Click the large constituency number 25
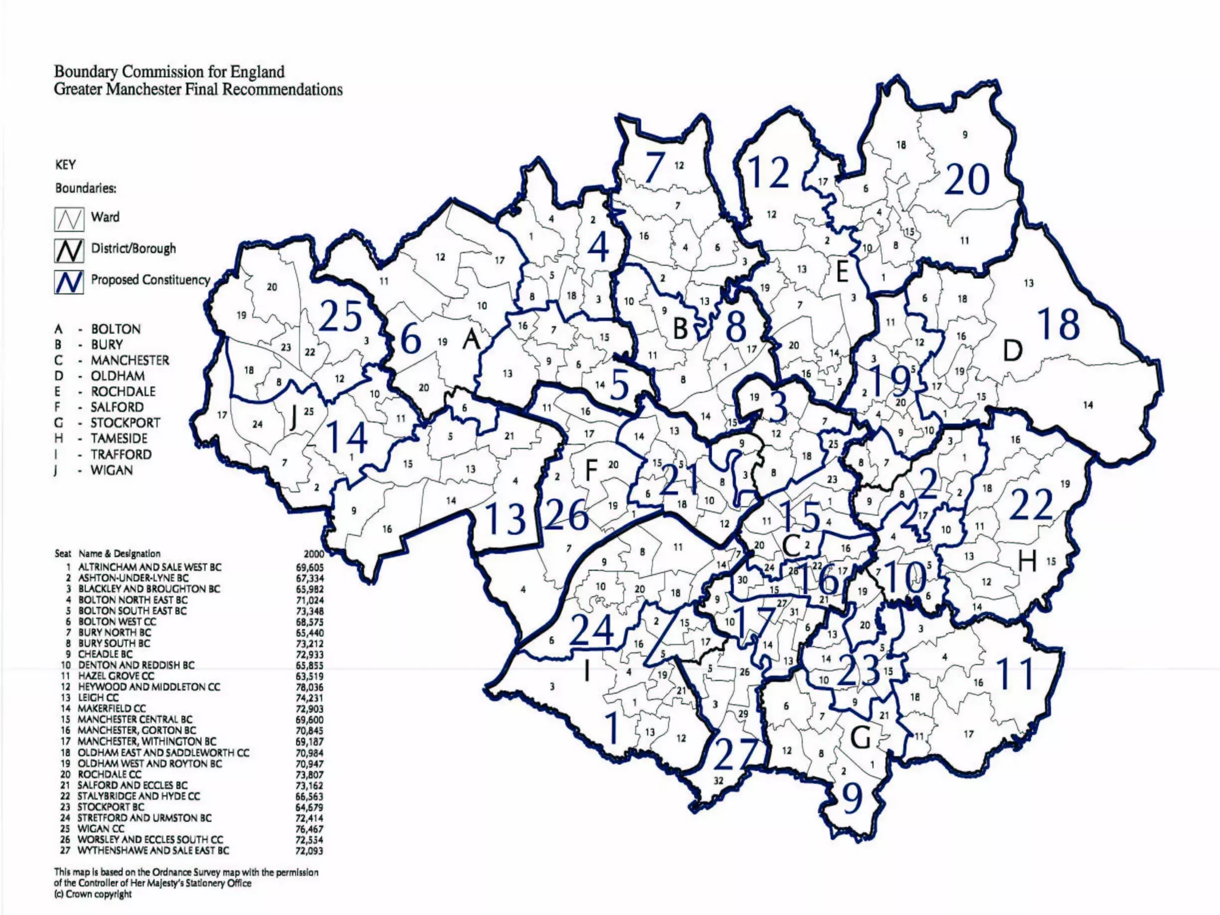(341, 316)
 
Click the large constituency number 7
(653, 167)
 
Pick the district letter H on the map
(1027, 561)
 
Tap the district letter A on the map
(471, 340)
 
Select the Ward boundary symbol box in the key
(69, 219)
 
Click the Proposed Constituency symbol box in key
(69, 282)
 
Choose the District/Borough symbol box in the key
(69, 250)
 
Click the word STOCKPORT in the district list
(125, 423)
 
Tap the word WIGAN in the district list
(111, 470)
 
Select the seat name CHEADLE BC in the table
(105, 654)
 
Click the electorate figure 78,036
(309, 687)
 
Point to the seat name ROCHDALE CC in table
(110, 774)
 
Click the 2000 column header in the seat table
(314, 553)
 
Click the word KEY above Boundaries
(66, 164)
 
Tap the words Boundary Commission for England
(169, 72)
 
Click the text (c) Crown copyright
(93, 894)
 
